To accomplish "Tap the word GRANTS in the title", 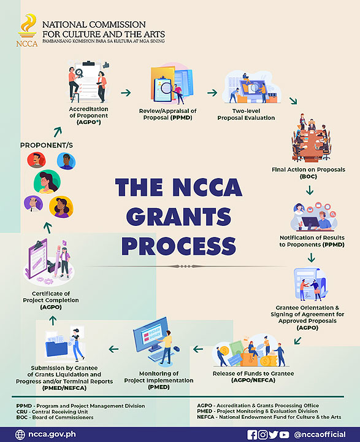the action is [x=179, y=217].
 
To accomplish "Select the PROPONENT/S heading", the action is [x=47, y=145].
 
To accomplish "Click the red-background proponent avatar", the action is [x=36, y=160].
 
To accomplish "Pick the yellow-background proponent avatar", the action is [x=61, y=207].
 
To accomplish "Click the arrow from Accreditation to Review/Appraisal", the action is [x=126, y=93].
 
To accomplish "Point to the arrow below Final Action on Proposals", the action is [x=310, y=190].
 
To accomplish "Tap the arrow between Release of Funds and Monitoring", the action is [x=198, y=349].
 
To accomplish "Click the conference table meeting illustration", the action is [x=312, y=138].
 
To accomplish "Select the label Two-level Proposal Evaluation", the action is [x=246, y=114].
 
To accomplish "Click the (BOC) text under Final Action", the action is [x=308, y=176].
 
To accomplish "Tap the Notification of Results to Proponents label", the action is [x=312, y=241].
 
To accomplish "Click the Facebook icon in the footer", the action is [x=252, y=435].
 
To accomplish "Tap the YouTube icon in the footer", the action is [x=284, y=435].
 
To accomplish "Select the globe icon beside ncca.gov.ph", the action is [x=20, y=435].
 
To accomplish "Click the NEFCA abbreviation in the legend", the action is [x=205, y=417].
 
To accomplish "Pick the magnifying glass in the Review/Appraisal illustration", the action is [x=167, y=88].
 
